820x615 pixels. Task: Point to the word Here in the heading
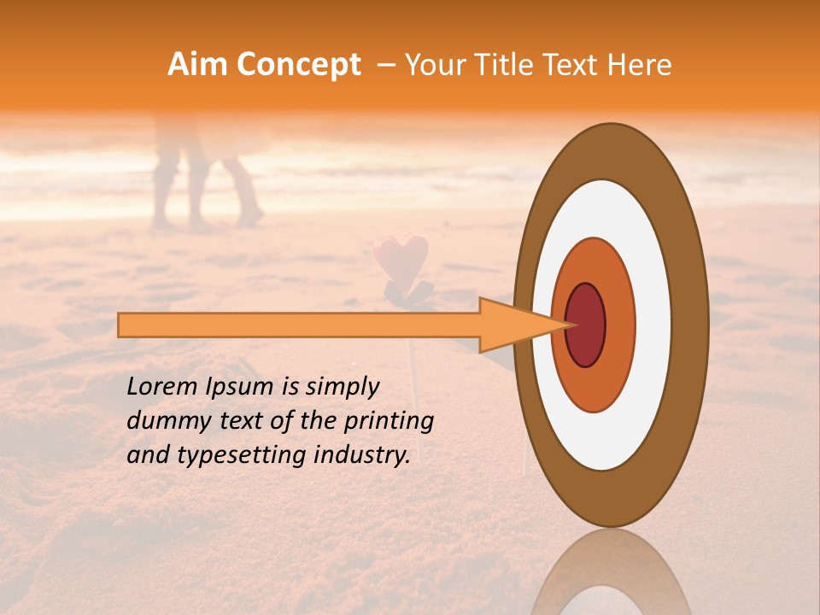point(640,65)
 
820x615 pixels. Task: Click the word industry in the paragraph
point(364,456)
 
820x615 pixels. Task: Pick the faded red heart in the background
point(400,255)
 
